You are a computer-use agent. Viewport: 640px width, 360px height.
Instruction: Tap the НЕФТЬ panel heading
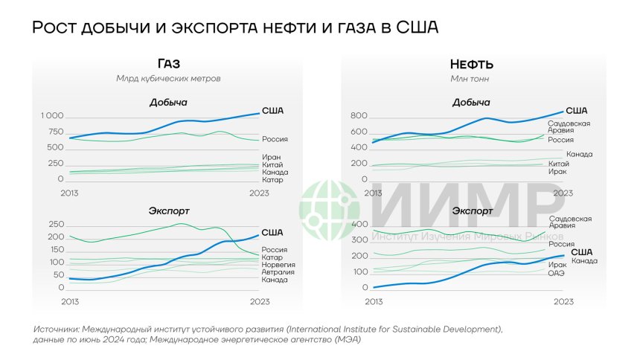[x=471, y=64]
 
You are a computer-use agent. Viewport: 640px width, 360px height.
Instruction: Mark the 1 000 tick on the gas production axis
[x=52, y=117]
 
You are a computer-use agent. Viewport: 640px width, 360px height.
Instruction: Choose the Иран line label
[x=271, y=157]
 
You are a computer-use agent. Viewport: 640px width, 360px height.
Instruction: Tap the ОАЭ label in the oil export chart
[x=557, y=272]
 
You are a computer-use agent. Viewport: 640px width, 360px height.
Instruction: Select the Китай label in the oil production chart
[x=559, y=164]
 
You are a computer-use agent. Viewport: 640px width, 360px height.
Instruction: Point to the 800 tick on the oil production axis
[x=359, y=117]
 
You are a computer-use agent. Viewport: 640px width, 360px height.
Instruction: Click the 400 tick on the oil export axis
[x=359, y=225]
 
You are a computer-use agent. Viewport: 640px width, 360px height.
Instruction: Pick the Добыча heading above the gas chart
[x=168, y=102]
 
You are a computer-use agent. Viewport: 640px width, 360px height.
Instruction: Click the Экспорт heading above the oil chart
[x=472, y=210]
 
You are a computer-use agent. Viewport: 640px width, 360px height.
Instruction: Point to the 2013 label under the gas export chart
[x=69, y=301]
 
